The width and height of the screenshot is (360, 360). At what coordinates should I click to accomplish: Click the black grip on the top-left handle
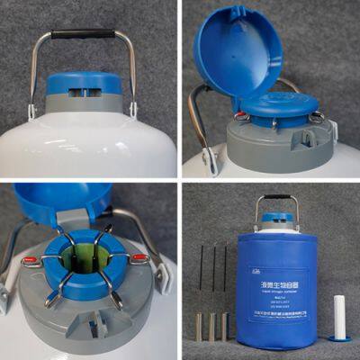[x=83, y=34]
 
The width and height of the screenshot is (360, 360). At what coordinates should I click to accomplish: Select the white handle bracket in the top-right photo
[x=210, y=161]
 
